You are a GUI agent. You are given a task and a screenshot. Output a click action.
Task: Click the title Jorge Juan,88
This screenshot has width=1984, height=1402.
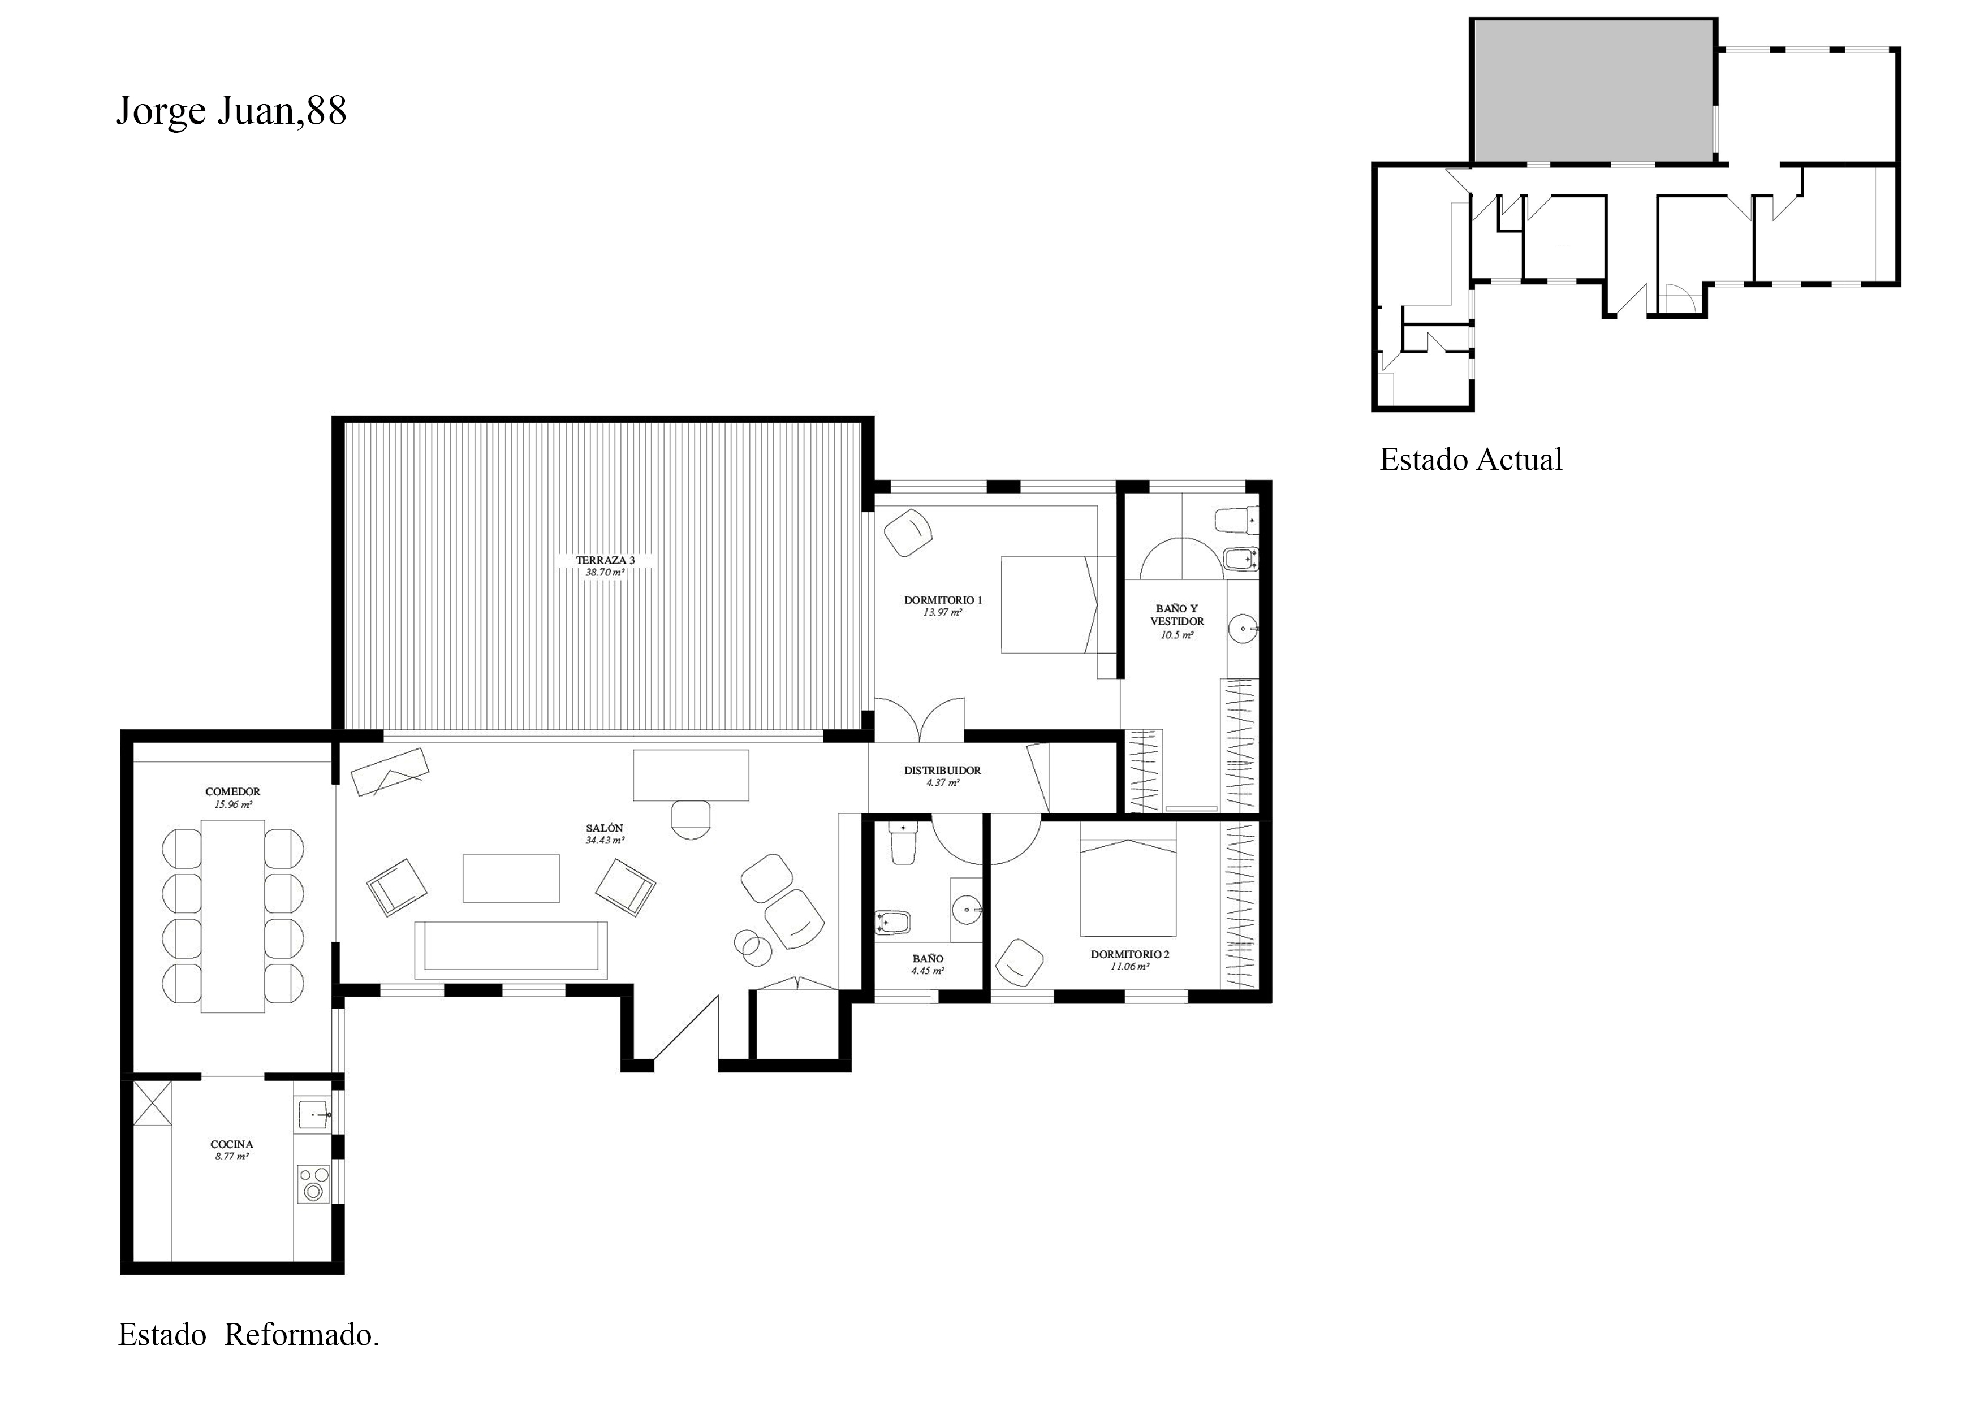click(x=231, y=111)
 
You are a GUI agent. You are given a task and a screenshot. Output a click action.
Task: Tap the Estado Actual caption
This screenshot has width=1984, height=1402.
click(x=1470, y=460)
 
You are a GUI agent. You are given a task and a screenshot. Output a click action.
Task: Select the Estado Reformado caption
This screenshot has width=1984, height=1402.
click(x=249, y=1335)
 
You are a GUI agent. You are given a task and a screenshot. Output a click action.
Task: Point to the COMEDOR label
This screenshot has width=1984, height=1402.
click(x=232, y=791)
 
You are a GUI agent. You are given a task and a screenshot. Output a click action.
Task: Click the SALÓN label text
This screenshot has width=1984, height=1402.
click(x=605, y=828)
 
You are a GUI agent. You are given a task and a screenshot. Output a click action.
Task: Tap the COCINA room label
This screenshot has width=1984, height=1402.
click(x=231, y=1145)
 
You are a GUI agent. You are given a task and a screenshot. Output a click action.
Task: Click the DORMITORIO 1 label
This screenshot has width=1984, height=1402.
click(x=943, y=599)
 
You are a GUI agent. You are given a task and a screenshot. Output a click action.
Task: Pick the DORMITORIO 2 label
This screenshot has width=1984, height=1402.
click(x=1129, y=954)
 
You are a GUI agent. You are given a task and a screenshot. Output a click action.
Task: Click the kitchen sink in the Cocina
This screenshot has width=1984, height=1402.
click(x=313, y=1116)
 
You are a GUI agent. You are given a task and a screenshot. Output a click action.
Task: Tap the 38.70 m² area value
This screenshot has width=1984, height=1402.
click(x=605, y=573)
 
